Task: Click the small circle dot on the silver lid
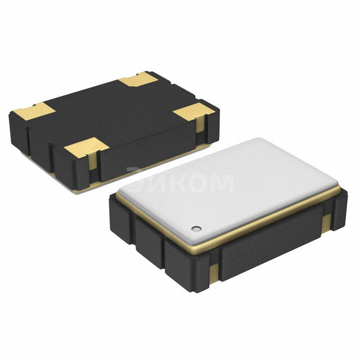pos(196,228)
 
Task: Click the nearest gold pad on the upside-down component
pos(86,148)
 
